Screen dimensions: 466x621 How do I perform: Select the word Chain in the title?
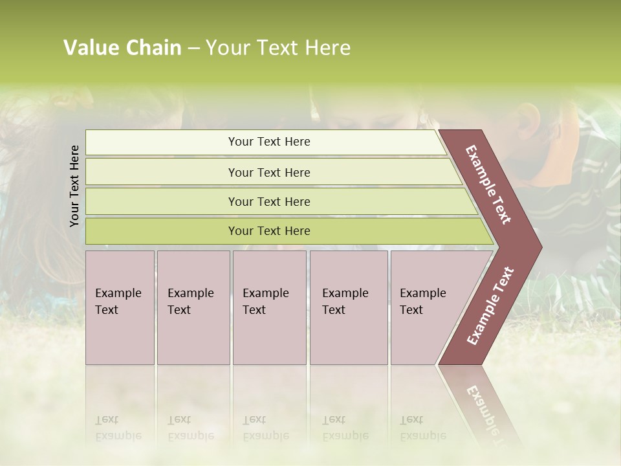pos(154,48)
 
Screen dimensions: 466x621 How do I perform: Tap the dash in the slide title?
pos(193,49)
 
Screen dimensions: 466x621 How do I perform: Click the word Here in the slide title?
pos(327,48)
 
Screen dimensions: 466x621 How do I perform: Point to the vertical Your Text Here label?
pos(74,186)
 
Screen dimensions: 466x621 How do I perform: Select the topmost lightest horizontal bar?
pos(268,142)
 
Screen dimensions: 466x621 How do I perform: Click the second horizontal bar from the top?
pos(268,172)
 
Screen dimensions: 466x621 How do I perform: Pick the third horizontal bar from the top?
pos(268,201)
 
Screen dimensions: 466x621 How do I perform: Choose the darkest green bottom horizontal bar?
pos(268,231)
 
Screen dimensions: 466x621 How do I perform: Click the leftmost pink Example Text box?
pos(120,307)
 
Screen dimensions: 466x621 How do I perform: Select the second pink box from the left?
pos(193,307)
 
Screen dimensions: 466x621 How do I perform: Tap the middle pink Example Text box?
pos(269,307)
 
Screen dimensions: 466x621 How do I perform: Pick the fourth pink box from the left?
pos(348,307)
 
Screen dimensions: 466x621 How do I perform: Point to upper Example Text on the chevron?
pos(488,184)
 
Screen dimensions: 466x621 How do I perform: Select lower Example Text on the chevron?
pos(490,306)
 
